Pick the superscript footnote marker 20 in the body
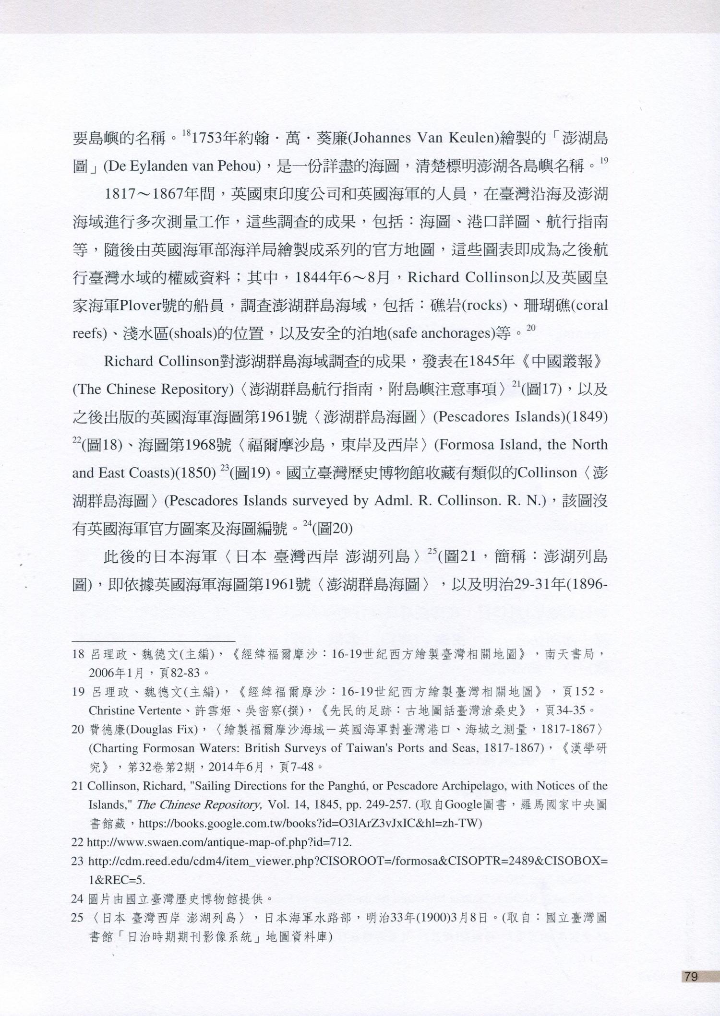point(530,328)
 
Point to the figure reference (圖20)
point(333,529)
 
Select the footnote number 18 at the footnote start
point(78,654)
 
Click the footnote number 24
point(78,898)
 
